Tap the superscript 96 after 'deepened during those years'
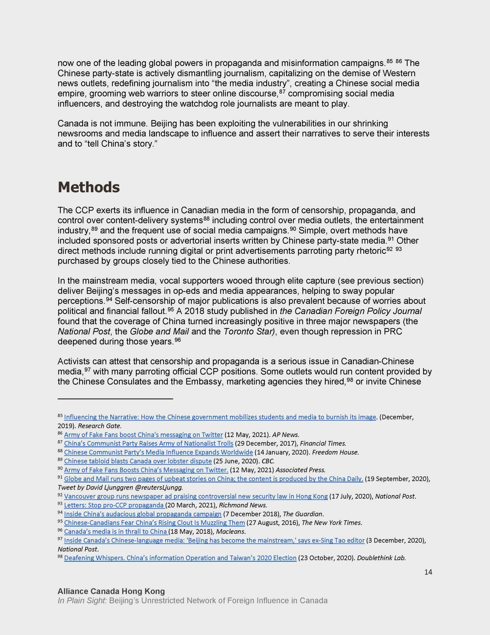click(177, 339)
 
